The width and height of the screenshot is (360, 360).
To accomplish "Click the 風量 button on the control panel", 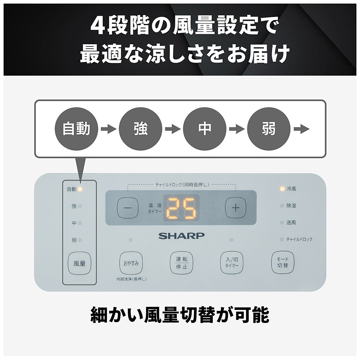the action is [x=80, y=264].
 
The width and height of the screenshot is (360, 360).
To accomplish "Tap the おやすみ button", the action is [x=131, y=263].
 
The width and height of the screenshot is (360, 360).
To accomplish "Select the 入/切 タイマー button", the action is [x=231, y=263].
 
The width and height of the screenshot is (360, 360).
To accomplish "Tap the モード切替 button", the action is [x=283, y=262].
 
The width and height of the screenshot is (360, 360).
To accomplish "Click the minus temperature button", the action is [x=128, y=208].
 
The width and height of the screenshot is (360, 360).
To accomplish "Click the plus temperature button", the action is [x=235, y=208].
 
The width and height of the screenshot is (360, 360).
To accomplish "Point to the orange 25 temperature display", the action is [x=181, y=208].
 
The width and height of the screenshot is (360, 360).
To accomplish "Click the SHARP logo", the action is [x=181, y=236].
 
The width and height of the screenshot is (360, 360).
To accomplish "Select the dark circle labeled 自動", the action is [x=76, y=129].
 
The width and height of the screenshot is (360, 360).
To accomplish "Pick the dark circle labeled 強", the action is [x=140, y=129].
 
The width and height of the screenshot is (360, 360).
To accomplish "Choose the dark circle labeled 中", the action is [x=204, y=129].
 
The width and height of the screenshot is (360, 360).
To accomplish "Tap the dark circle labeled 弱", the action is [x=269, y=129].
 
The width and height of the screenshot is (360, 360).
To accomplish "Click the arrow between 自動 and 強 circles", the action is [x=109, y=129].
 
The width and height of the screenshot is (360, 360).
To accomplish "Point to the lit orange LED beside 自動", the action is [x=80, y=189].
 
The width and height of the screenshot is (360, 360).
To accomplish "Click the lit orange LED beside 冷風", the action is [x=282, y=189].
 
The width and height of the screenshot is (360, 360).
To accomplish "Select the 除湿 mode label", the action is [x=291, y=206].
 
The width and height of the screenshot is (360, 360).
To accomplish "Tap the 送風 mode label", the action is [x=291, y=222].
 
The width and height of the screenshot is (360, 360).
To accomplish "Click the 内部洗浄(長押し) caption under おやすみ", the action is [x=131, y=279].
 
